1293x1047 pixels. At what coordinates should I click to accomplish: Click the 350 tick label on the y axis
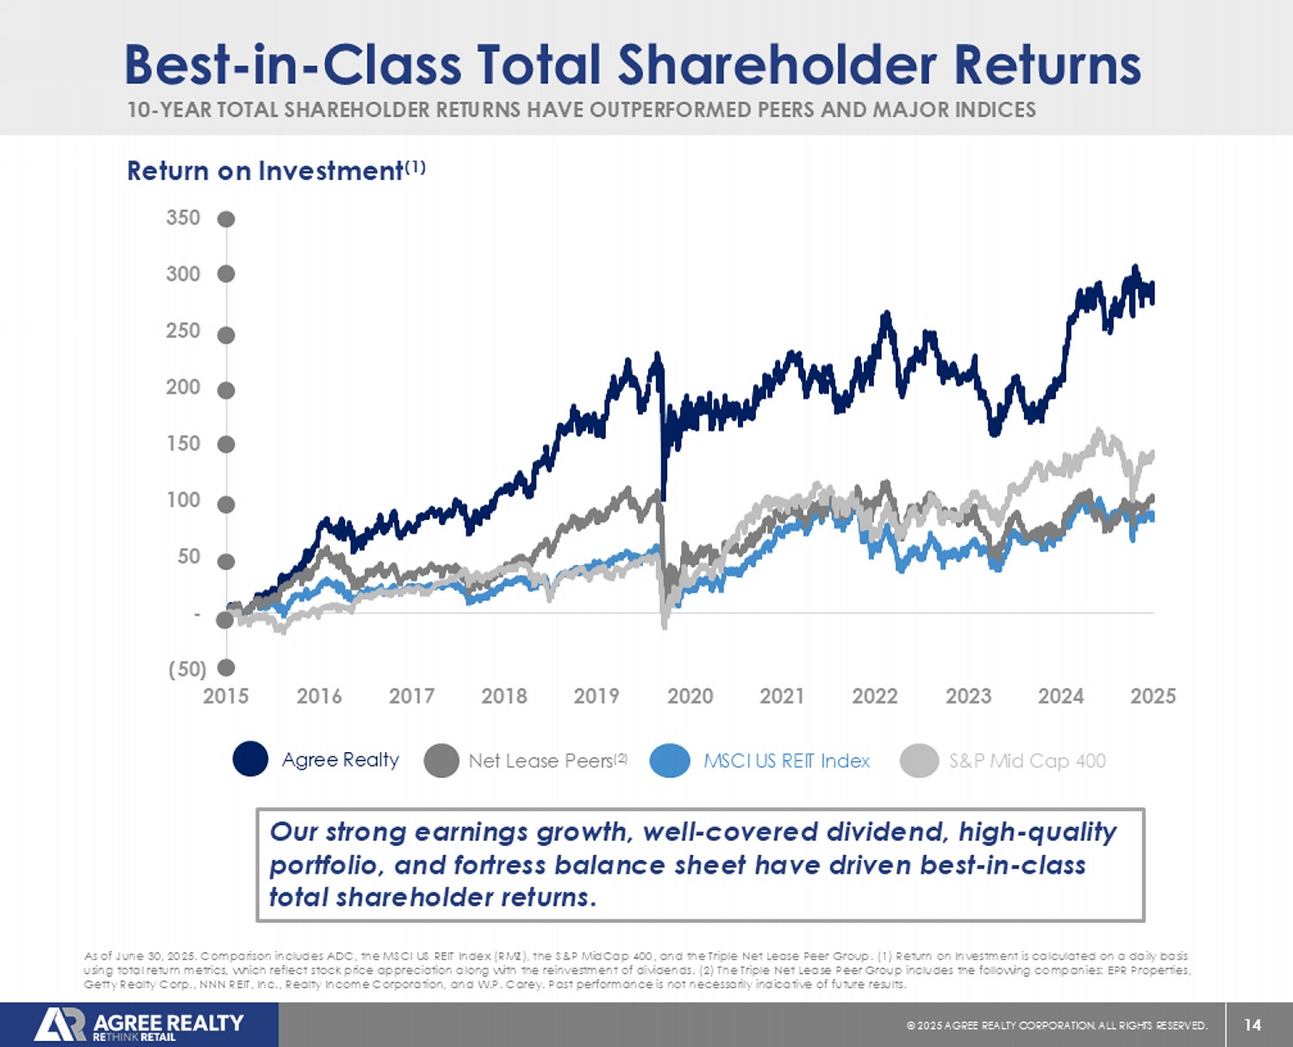click(x=183, y=217)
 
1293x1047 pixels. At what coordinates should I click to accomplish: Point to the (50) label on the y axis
click(x=187, y=669)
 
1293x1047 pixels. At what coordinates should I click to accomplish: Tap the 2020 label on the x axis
click(x=690, y=696)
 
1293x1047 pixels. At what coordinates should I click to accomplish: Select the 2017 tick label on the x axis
click(x=411, y=696)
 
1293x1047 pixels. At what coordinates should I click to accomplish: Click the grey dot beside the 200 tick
click(x=226, y=391)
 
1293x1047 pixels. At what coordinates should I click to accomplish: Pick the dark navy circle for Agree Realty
click(x=250, y=759)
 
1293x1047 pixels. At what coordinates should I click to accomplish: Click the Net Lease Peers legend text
click(x=540, y=761)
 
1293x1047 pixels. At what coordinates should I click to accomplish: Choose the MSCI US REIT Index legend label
click(x=786, y=761)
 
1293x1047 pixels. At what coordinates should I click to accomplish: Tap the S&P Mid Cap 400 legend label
click(x=1027, y=761)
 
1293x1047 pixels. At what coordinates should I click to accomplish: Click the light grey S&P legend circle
click(x=919, y=761)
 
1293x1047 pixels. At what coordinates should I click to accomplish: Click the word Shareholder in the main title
click(x=777, y=65)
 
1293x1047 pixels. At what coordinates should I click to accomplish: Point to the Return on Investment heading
click(x=265, y=171)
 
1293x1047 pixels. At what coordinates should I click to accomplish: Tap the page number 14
click(x=1252, y=1025)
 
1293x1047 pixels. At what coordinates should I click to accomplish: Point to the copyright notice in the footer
click(x=1057, y=1025)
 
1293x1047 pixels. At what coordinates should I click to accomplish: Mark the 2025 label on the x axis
click(x=1152, y=696)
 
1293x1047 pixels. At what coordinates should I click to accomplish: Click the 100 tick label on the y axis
click(x=183, y=500)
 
